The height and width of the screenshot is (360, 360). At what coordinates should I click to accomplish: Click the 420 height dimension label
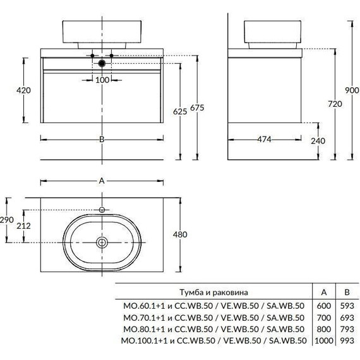23,90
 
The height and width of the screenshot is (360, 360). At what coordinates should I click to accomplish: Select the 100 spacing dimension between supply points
102,80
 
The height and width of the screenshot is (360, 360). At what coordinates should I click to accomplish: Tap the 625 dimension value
180,112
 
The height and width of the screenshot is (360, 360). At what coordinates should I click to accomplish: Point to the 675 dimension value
197,107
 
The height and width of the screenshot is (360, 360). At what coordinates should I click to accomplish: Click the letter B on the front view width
102,140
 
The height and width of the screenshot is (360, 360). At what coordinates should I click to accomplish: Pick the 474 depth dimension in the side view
264,140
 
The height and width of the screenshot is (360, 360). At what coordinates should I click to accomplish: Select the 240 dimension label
318,141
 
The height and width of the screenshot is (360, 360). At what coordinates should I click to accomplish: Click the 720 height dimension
335,104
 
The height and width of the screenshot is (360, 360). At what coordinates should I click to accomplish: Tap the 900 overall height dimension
352,90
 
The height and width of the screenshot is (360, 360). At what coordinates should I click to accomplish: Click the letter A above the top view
102,181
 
